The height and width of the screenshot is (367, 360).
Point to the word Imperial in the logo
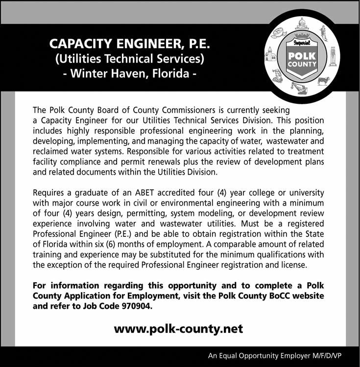pyautogui.click(x=302, y=43)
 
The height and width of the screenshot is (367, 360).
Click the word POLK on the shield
pyautogui.click(x=302, y=56)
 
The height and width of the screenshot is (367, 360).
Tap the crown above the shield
pyautogui.click(x=302, y=36)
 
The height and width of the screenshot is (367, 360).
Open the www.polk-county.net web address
pyautogui.click(x=178, y=328)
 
